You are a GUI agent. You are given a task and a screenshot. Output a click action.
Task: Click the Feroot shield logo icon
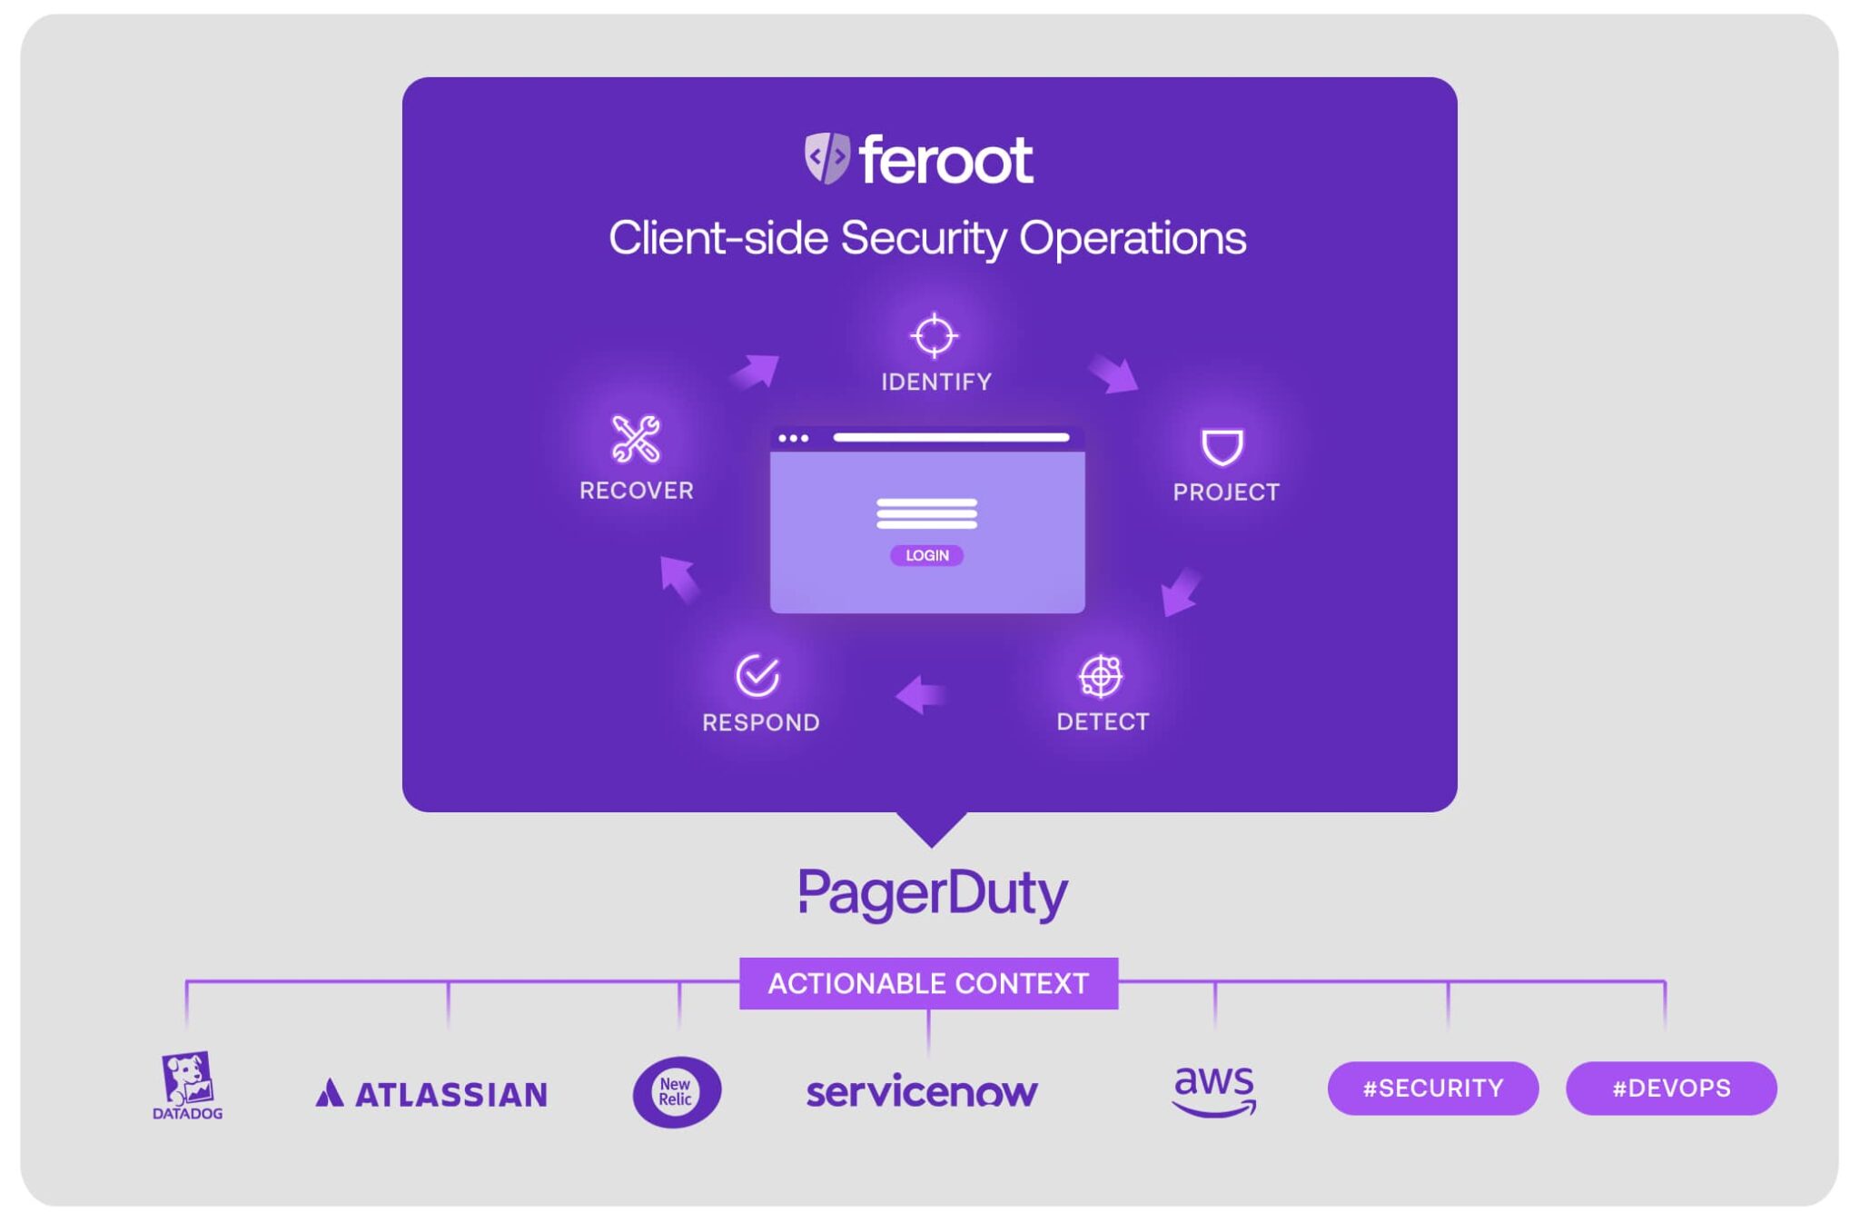pyautogui.click(x=826, y=157)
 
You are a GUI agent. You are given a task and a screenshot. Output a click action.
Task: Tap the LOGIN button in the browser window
pyautogui.click(x=926, y=555)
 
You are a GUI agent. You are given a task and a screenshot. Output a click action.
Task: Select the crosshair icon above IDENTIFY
pyautogui.click(x=934, y=335)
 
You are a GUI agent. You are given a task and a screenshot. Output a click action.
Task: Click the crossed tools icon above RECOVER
pyautogui.click(x=636, y=439)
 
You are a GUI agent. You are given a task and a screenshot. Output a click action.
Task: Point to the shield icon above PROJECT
pyautogui.click(x=1222, y=447)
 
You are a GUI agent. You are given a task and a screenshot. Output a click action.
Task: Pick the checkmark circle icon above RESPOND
pyautogui.click(x=757, y=675)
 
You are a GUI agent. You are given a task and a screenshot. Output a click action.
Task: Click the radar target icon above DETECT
pyautogui.click(x=1101, y=676)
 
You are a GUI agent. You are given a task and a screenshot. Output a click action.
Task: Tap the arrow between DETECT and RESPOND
pyautogui.click(x=921, y=695)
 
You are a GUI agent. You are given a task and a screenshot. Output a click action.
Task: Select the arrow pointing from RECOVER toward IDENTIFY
pyautogui.click(x=756, y=371)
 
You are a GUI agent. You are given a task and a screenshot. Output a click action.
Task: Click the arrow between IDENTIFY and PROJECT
pyautogui.click(x=1113, y=373)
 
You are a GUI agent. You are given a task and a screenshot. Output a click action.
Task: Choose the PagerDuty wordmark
pyautogui.click(x=933, y=893)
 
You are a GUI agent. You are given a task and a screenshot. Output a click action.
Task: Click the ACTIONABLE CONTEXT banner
pyautogui.click(x=928, y=983)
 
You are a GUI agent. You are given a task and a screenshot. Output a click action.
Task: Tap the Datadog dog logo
pyautogui.click(x=187, y=1085)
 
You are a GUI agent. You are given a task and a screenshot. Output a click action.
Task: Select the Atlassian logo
pyautogui.click(x=431, y=1093)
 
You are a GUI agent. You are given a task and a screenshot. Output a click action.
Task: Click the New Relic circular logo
pyautogui.click(x=677, y=1091)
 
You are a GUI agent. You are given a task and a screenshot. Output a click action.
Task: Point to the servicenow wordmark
pyautogui.click(x=922, y=1091)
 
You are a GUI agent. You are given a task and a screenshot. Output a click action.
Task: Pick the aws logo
pyautogui.click(x=1214, y=1089)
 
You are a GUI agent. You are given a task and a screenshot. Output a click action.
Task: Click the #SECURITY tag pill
pyautogui.click(x=1432, y=1088)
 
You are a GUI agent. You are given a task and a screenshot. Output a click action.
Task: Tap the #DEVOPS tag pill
pyautogui.click(x=1670, y=1088)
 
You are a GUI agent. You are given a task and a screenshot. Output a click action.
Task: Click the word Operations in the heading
pyautogui.click(x=1132, y=239)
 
